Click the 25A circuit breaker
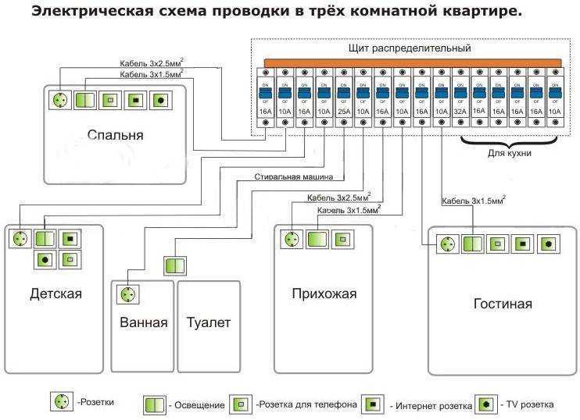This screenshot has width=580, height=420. point(343,99)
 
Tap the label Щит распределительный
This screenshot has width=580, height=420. point(410,48)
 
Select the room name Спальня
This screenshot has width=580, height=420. point(115,135)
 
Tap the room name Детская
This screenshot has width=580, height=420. point(55,294)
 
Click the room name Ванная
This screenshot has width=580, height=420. point(143,322)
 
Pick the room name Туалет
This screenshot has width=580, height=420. point(209,322)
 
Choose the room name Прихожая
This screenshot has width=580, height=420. point(324,294)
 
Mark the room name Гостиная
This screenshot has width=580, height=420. point(503,304)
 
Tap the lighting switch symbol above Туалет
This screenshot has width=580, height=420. point(174,265)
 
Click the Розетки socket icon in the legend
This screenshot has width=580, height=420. point(60,402)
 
